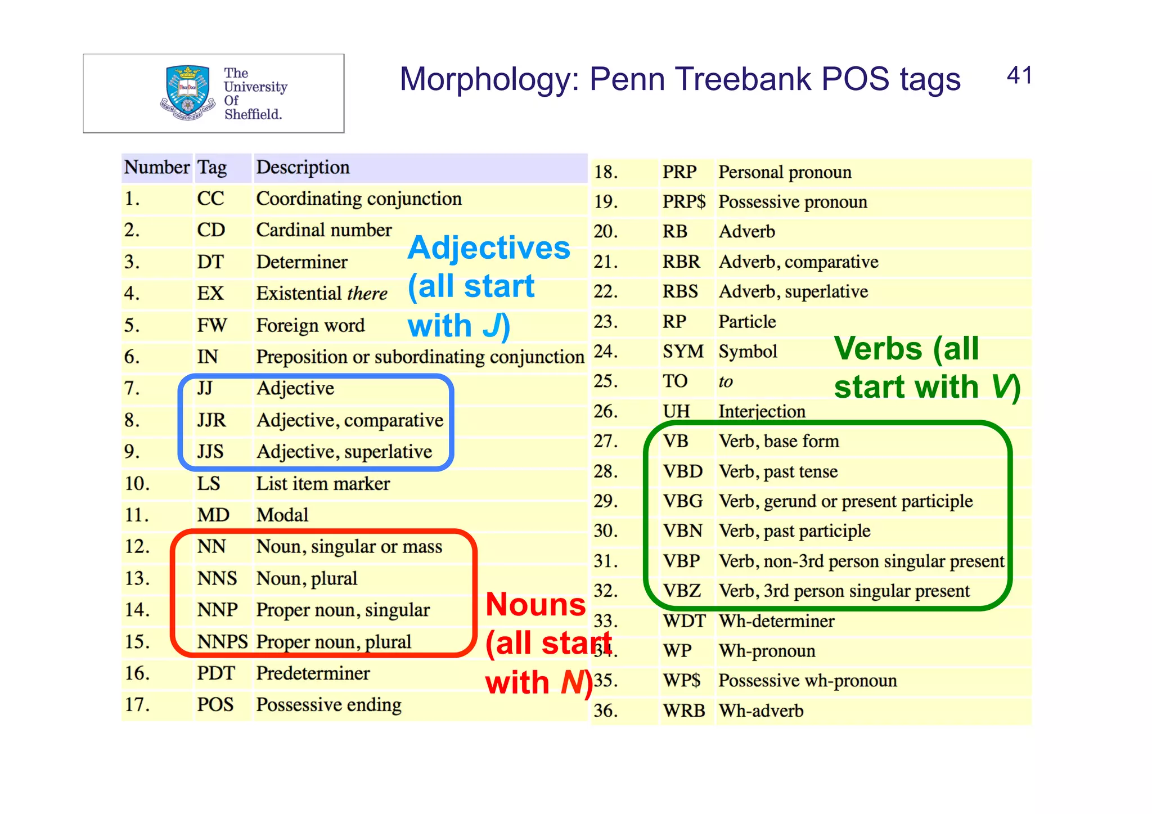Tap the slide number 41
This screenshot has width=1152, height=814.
click(x=1019, y=76)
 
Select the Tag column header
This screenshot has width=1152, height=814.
click(x=212, y=168)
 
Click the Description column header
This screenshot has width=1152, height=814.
click(x=303, y=168)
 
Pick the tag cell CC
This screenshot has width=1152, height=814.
click(x=210, y=199)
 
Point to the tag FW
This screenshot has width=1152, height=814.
click(x=211, y=325)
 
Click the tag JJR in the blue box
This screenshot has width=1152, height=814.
click(x=211, y=420)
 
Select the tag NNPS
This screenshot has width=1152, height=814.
click(x=222, y=642)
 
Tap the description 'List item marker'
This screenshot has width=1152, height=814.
click(x=323, y=484)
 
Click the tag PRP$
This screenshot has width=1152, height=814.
click(x=683, y=202)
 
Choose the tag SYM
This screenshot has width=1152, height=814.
click(x=683, y=352)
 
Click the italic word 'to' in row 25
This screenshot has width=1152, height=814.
click(x=726, y=382)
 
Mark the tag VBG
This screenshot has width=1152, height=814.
click(x=683, y=501)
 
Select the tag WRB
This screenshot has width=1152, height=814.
click(x=683, y=711)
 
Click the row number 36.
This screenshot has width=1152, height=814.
click(x=606, y=711)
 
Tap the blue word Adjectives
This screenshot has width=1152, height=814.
click(x=489, y=248)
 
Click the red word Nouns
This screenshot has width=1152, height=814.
click(x=535, y=605)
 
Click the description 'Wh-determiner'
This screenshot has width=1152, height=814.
click(x=777, y=621)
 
